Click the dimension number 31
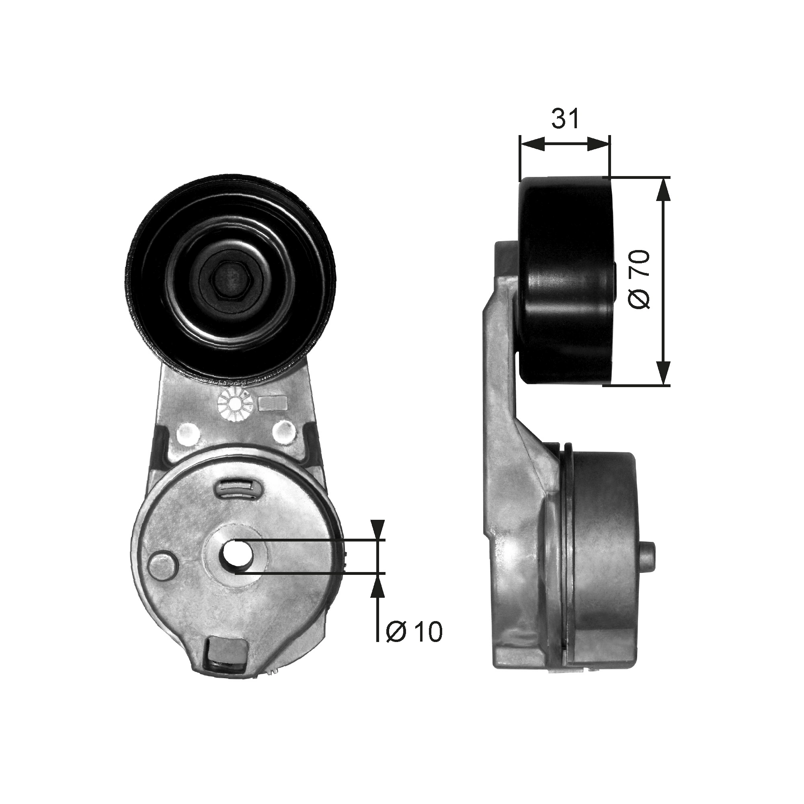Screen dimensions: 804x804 pos(565,118)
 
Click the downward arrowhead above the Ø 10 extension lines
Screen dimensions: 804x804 pos(377,529)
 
